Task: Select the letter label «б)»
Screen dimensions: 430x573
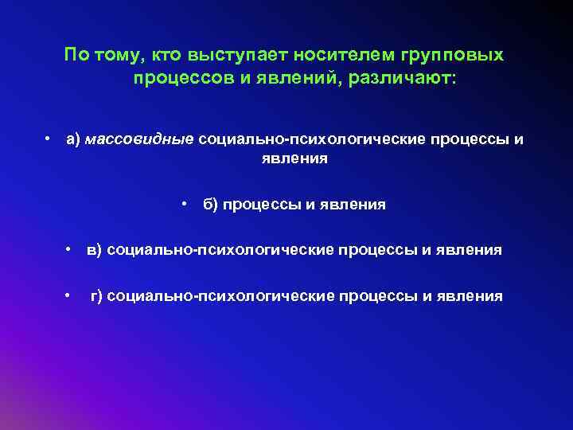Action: coord(210,205)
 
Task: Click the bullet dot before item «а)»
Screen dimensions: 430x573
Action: coord(49,139)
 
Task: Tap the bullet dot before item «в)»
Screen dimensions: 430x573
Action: coord(70,250)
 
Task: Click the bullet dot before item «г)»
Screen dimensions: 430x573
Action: coord(70,296)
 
